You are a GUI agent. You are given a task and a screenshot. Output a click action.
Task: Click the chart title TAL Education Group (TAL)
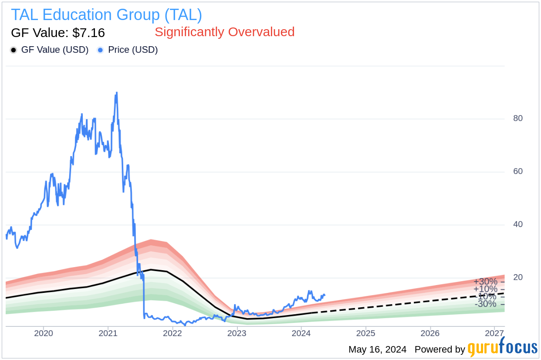[x=106, y=15]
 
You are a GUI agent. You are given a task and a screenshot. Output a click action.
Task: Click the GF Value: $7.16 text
[x=58, y=33]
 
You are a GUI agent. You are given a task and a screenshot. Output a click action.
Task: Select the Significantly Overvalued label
[x=224, y=32]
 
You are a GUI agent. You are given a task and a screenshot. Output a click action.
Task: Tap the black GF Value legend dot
[x=14, y=50]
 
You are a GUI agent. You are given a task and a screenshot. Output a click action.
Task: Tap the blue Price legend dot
[x=101, y=50]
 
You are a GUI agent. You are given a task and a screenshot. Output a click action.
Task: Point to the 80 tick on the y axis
[x=517, y=118]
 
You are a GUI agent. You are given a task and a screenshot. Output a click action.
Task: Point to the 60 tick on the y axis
[x=517, y=171]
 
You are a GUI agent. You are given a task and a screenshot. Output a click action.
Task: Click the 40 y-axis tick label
[x=517, y=224]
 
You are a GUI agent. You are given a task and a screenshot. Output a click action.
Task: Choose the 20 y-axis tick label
[x=517, y=277]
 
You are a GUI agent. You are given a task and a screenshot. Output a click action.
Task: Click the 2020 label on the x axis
[x=44, y=334]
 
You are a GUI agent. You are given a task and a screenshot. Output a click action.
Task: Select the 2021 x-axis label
[x=108, y=334]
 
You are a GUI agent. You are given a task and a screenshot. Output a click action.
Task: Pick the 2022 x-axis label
[x=172, y=334]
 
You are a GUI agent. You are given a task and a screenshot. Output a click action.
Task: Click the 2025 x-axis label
[x=366, y=334]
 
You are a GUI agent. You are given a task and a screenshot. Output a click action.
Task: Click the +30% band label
[x=485, y=282]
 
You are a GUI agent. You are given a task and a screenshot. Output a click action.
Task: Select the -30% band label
[x=485, y=304]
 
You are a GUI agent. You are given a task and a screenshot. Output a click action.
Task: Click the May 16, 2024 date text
[x=377, y=349]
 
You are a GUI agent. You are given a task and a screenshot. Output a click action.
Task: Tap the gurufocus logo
[x=502, y=348]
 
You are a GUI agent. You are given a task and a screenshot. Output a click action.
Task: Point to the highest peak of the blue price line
[x=116, y=92]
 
